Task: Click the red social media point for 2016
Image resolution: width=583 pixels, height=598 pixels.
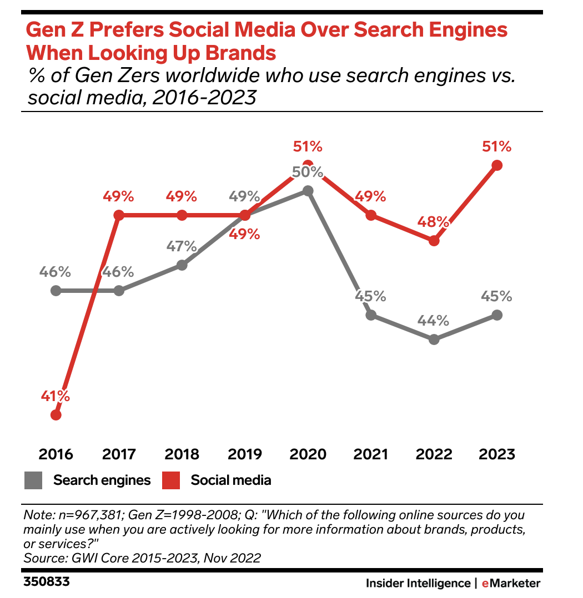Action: click(x=56, y=414)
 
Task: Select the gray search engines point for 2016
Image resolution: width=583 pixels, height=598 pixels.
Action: click(x=56, y=290)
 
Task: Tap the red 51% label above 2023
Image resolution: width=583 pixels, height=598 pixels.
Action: click(x=497, y=147)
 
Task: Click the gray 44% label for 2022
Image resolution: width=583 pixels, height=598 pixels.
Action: click(x=434, y=321)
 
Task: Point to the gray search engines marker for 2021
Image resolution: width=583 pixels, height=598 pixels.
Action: click(x=371, y=315)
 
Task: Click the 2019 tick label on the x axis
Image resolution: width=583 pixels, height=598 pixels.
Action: click(x=245, y=454)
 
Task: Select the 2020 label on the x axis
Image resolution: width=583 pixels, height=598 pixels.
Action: click(x=308, y=454)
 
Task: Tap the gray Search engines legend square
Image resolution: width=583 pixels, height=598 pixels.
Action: click(x=33, y=480)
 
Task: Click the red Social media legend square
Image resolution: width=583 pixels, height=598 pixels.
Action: click(x=171, y=480)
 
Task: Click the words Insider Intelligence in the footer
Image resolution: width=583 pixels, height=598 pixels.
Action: click(x=418, y=583)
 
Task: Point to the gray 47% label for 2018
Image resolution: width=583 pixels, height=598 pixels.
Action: click(x=182, y=246)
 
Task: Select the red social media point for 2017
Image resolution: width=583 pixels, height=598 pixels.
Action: click(x=118, y=215)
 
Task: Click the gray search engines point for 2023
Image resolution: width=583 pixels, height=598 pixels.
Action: click(x=497, y=315)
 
